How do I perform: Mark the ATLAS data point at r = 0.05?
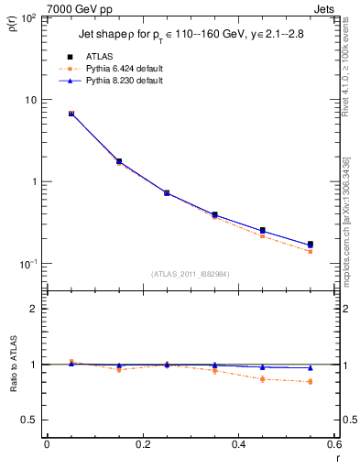pos(71,114)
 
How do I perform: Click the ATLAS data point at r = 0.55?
pos(311,245)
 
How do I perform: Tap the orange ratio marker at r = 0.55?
pos(311,381)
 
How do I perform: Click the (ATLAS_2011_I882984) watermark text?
pos(191,274)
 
